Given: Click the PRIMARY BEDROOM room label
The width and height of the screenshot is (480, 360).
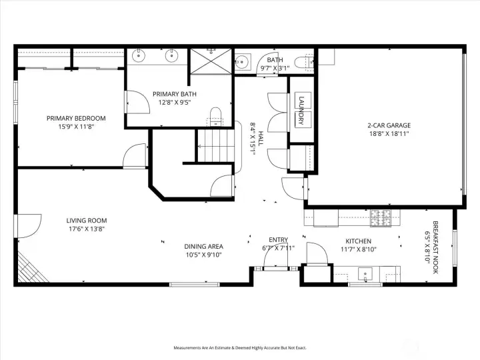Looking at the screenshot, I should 76,118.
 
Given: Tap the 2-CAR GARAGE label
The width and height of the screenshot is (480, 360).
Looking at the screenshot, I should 389,125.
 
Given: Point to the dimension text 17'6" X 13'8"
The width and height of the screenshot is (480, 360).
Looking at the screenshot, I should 86,229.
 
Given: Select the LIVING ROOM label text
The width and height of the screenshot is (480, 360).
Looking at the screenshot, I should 86,221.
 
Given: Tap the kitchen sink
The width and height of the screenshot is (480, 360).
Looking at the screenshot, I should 364,273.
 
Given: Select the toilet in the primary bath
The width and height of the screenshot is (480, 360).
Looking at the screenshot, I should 215,115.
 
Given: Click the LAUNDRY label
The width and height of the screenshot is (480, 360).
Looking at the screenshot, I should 301,110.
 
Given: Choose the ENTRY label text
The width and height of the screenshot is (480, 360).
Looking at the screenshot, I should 278,240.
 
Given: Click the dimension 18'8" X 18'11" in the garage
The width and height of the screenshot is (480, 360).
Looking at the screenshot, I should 389,133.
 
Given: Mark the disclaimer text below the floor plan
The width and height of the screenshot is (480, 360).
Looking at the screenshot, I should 240,347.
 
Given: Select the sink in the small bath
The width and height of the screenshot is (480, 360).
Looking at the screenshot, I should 243,63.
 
